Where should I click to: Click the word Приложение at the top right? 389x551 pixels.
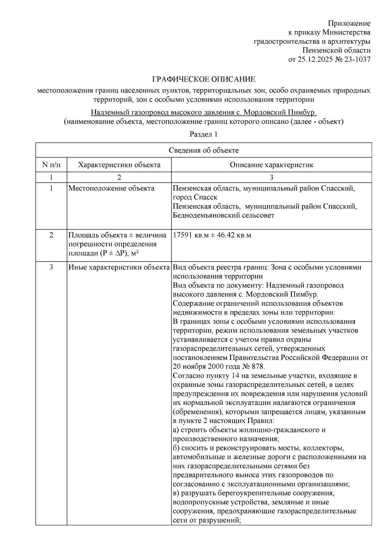[x=349, y=23]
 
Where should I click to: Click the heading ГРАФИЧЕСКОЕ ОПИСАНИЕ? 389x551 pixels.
[x=204, y=79]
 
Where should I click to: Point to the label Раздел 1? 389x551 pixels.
[x=204, y=134]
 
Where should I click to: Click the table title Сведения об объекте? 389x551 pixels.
[x=204, y=150]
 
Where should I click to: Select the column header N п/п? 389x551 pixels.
[x=51, y=165]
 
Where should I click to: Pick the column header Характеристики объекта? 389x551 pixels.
[x=119, y=165]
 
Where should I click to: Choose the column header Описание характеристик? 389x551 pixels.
[x=271, y=165]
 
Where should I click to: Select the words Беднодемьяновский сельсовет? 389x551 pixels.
[x=223, y=215]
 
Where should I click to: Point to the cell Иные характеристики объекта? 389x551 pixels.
[x=119, y=267]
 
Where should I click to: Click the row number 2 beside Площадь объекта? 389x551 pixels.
[x=51, y=235]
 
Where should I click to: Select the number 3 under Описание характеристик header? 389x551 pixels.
[x=271, y=178]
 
